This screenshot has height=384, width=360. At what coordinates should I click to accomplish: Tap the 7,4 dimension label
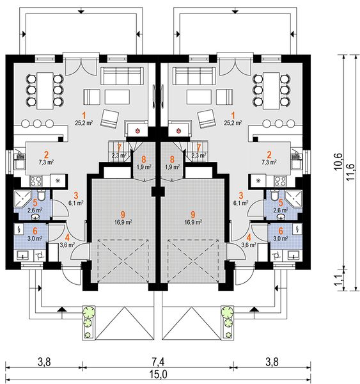(x=159, y=362)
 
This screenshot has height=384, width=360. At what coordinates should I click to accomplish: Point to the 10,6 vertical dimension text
(x=339, y=162)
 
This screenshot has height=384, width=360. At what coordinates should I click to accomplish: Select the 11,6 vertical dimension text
(x=350, y=172)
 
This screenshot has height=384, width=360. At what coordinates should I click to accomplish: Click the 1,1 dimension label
(x=339, y=280)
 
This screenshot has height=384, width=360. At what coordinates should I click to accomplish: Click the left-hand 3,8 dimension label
(x=44, y=362)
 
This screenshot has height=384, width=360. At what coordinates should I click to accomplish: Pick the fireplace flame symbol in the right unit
(x=178, y=131)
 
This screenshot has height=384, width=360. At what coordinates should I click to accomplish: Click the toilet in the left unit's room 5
(x=42, y=195)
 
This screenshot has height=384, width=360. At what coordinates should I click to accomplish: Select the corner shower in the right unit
(x=294, y=198)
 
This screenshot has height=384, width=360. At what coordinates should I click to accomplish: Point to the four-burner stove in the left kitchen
(x=36, y=181)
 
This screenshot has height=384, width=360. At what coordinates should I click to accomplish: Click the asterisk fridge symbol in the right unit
(x=258, y=181)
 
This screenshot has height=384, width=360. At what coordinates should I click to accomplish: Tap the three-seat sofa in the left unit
(x=122, y=76)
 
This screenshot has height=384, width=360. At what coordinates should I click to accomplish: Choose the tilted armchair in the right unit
(x=207, y=119)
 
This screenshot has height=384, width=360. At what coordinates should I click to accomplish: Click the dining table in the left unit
(x=45, y=91)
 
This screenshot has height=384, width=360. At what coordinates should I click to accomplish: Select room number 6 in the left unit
(x=35, y=230)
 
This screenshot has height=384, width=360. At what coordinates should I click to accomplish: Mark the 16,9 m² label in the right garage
(x=193, y=222)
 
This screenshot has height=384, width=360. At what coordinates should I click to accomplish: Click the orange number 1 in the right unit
(x=233, y=115)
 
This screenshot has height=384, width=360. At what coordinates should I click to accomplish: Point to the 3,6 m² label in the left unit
(x=67, y=244)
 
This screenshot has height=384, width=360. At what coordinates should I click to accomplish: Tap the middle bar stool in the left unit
(x=37, y=123)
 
